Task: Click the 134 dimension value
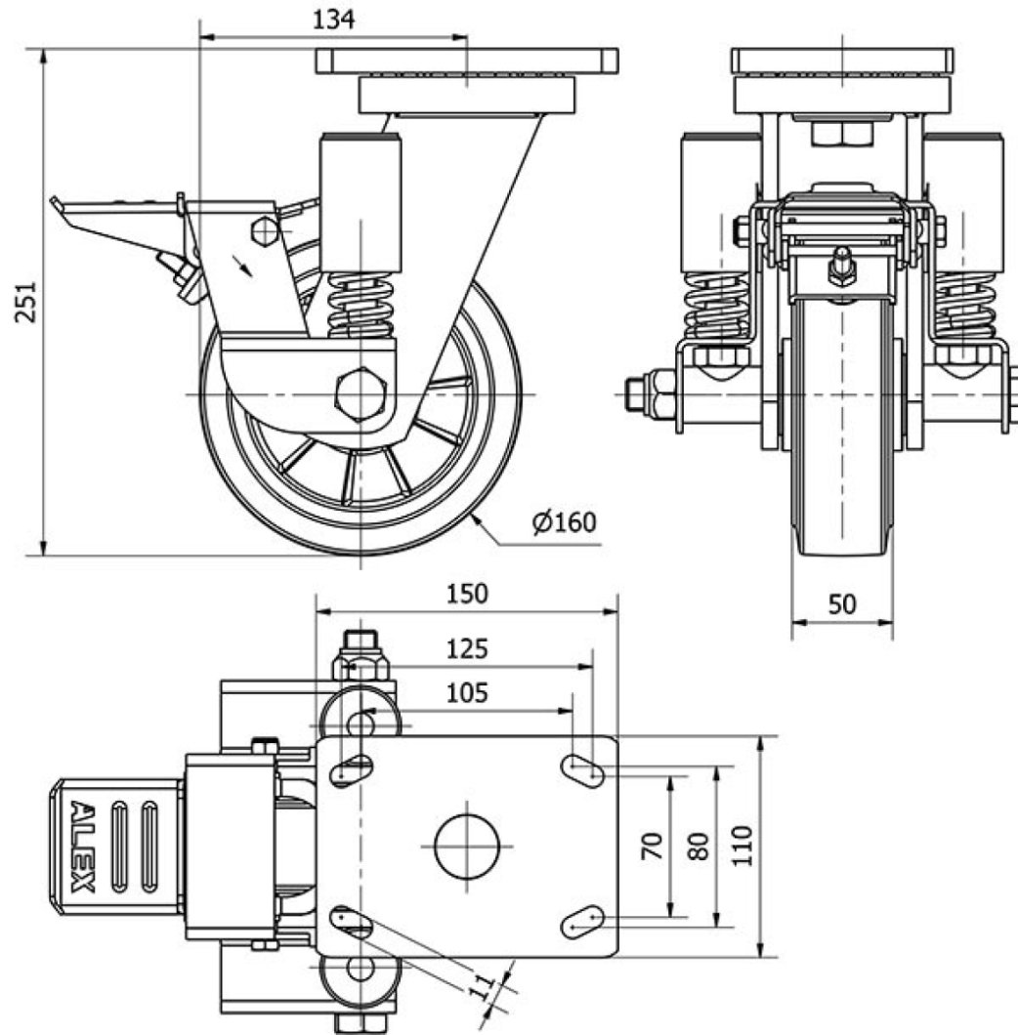(333, 19)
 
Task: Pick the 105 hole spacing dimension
(467, 693)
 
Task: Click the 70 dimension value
(654, 846)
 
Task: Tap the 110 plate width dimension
(742, 846)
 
